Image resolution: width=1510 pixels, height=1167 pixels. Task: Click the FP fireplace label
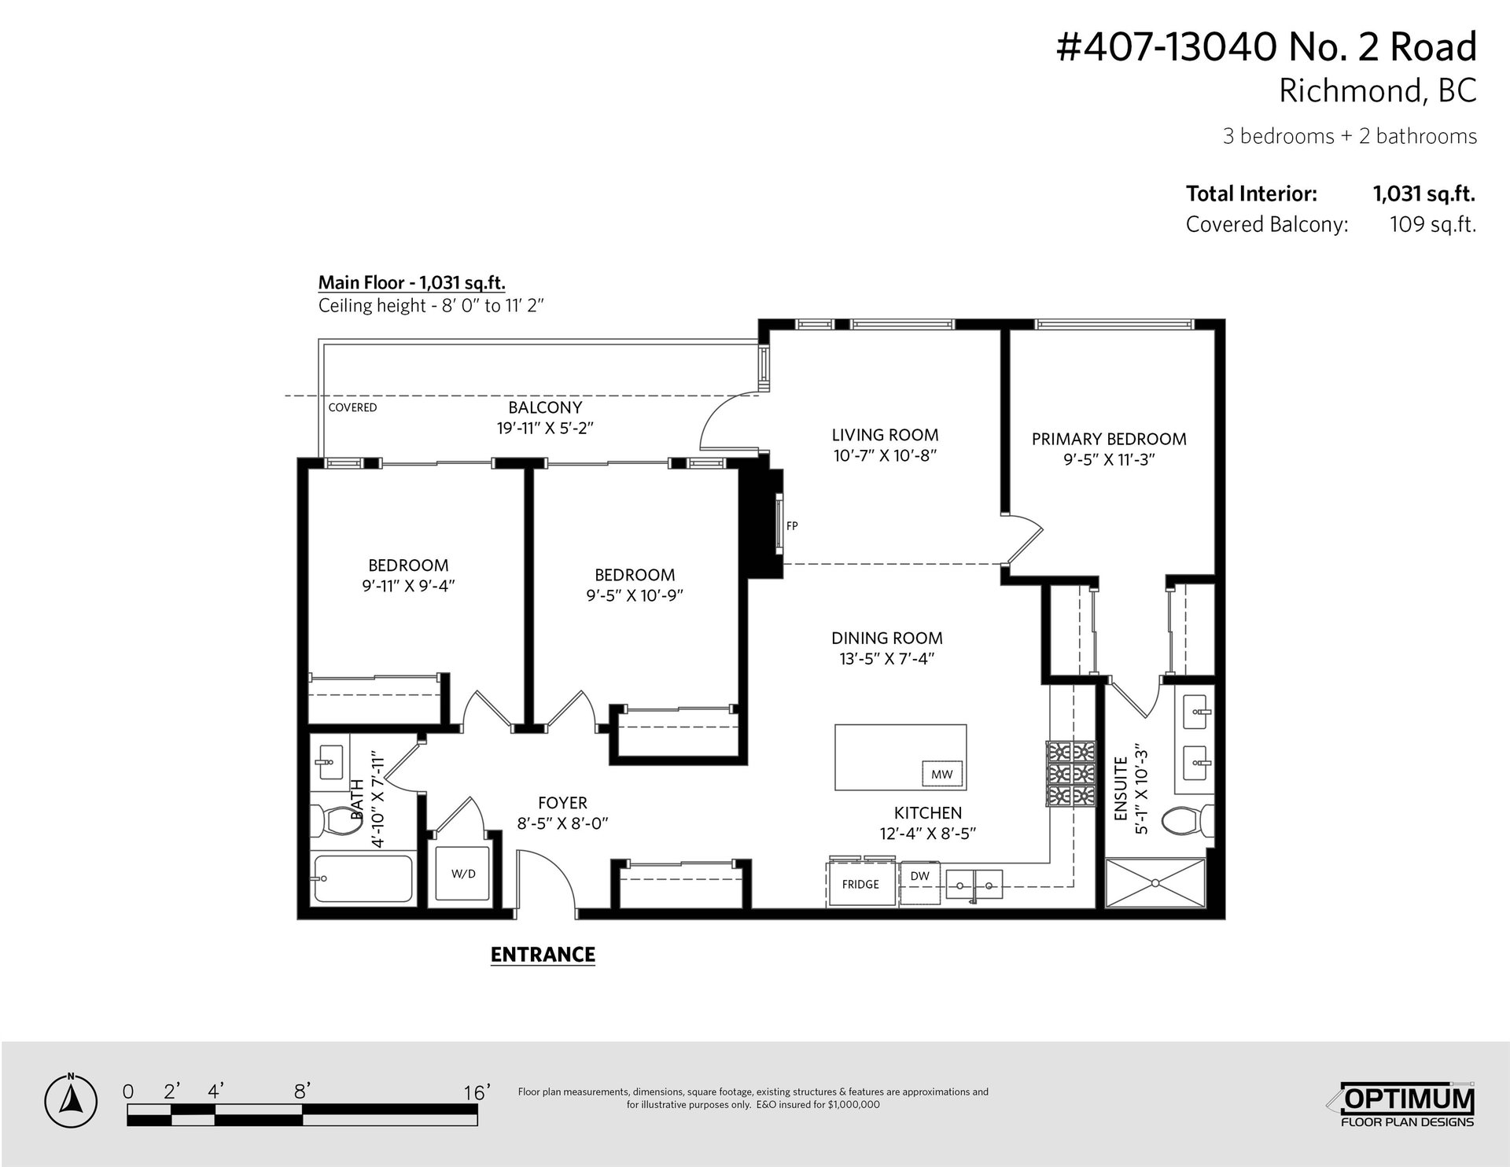(x=792, y=526)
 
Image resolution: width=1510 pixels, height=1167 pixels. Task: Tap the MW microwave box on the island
(x=941, y=775)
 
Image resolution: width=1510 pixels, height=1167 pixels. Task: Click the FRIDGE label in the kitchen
(x=860, y=884)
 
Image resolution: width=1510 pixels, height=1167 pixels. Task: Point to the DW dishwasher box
(x=919, y=882)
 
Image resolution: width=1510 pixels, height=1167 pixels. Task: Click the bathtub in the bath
(x=363, y=879)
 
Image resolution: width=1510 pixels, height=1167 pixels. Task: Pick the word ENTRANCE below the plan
(x=543, y=955)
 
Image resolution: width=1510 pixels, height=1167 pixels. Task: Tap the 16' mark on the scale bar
(x=477, y=1092)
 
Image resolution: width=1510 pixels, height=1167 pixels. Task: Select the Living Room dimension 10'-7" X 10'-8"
(x=886, y=455)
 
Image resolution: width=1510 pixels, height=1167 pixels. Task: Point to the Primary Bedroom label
(x=1109, y=439)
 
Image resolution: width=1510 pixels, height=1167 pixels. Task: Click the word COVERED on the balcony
(x=352, y=407)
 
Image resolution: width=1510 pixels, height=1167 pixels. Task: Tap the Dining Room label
(x=887, y=638)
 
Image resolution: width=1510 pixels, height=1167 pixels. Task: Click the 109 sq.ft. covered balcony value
(x=1433, y=224)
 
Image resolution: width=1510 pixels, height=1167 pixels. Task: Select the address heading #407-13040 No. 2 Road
(x=1266, y=47)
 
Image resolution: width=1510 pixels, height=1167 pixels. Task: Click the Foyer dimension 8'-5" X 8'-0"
(x=562, y=823)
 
